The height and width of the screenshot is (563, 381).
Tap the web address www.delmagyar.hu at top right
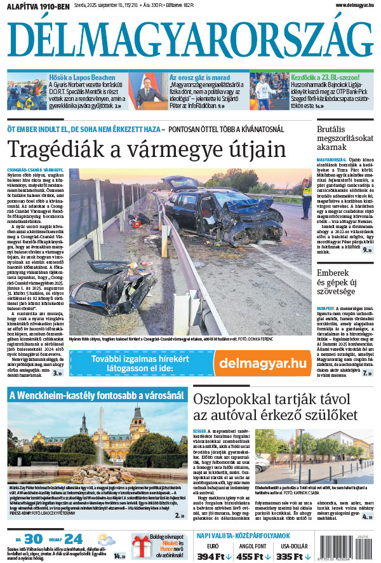pyautogui.click(x=345, y=5)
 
